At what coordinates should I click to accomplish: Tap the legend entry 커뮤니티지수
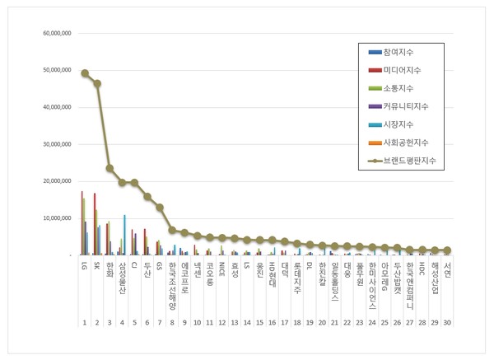(x=404, y=107)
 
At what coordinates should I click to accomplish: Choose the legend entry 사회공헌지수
(x=404, y=143)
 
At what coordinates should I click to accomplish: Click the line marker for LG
(x=85, y=73)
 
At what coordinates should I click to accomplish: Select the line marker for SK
(x=97, y=83)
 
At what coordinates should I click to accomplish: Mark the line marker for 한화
(x=110, y=168)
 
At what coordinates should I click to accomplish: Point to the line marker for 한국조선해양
(x=172, y=230)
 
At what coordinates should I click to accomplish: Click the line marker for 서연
(x=447, y=250)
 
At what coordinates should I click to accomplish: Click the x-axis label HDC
(x=422, y=269)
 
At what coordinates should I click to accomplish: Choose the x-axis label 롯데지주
(x=297, y=274)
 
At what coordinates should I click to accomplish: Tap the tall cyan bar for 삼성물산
(x=125, y=235)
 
